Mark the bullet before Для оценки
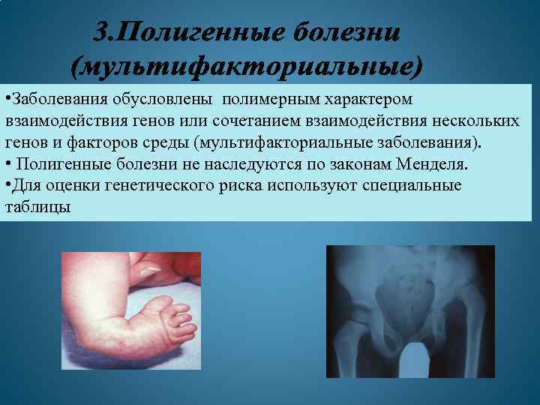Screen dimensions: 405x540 pyautogui.click(x=7, y=184)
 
